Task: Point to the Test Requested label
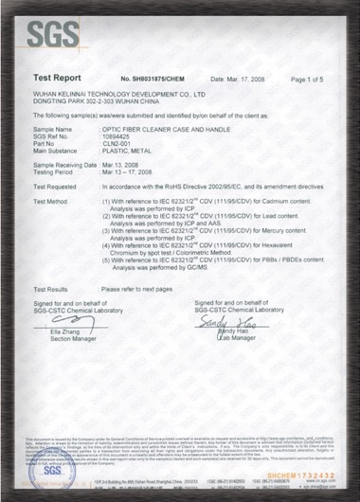click(x=56, y=186)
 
